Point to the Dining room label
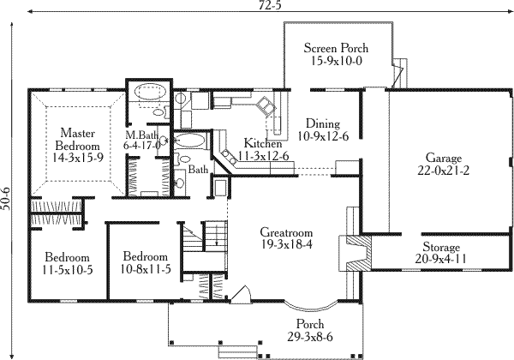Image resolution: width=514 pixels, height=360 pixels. (319, 123)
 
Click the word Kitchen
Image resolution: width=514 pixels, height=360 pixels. (262, 142)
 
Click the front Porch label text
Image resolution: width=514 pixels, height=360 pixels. (309, 324)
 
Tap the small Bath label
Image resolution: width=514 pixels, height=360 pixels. (198, 170)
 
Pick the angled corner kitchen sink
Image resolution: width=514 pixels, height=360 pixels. (266, 107)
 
